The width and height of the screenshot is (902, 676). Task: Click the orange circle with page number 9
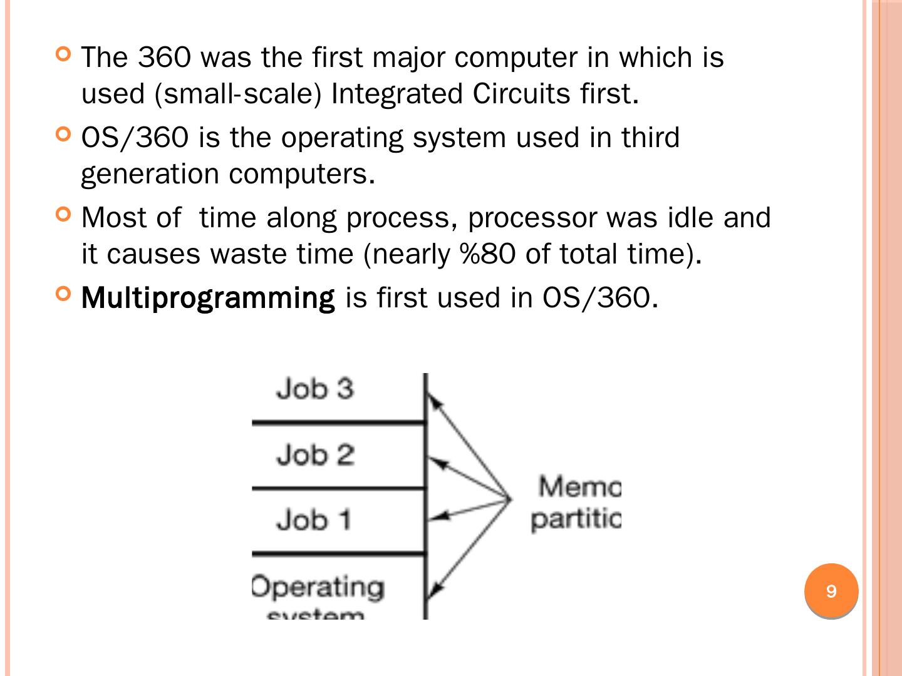pyautogui.click(x=831, y=591)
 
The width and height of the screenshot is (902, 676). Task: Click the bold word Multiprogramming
pyautogui.click(x=208, y=298)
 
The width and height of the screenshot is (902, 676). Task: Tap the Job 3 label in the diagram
pyautogui.click(x=315, y=389)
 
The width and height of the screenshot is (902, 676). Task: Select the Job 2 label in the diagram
pyautogui.click(x=315, y=454)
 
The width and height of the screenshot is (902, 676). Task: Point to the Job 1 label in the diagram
pyautogui.click(x=314, y=520)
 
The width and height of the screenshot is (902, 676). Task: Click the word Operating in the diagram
pyautogui.click(x=318, y=587)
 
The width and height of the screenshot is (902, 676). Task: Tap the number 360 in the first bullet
pyautogui.click(x=164, y=58)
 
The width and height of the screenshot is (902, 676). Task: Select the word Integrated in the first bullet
pyautogui.click(x=397, y=94)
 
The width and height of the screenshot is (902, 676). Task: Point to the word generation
pyautogui.click(x=149, y=174)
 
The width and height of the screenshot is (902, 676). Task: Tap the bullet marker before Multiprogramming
pyautogui.click(x=63, y=293)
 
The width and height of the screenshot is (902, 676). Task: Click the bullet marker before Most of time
pyautogui.click(x=63, y=214)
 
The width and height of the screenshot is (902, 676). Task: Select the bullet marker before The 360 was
pyautogui.click(x=63, y=54)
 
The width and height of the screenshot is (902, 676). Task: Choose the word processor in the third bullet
pyautogui.click(x=532, y=218)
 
